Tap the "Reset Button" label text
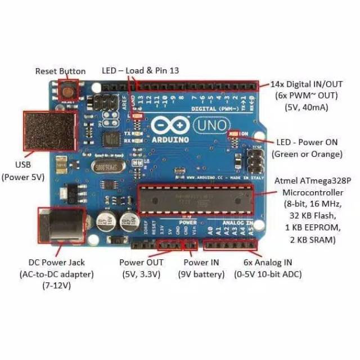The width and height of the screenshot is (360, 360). [60, 71]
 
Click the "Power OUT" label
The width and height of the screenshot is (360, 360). [141, 263]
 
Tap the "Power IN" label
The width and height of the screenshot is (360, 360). [201, 263]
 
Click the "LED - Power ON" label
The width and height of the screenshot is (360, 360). [307, 142]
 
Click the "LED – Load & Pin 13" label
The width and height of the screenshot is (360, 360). [140, 71]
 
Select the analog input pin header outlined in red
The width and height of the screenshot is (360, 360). [231, 245]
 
